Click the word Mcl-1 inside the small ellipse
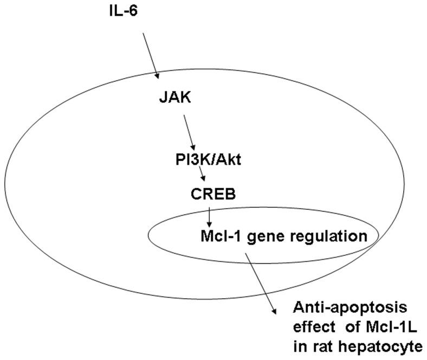pos(215,236)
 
